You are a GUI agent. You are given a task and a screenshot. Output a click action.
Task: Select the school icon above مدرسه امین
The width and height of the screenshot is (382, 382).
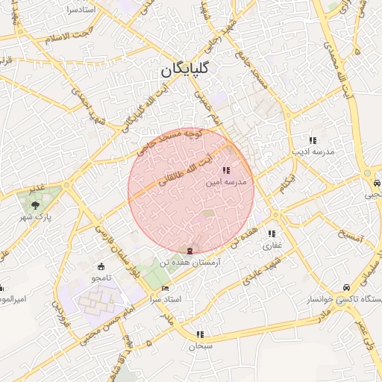[227, 171]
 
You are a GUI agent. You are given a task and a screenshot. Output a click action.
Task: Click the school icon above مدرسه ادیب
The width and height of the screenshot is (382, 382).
[313, 140]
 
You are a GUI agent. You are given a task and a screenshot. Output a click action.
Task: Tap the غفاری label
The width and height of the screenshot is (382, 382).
[272, 244]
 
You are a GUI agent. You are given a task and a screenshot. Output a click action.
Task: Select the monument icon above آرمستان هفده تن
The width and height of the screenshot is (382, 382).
[190, 250]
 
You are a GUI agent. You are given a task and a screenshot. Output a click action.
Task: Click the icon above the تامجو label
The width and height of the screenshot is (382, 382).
[101, 266]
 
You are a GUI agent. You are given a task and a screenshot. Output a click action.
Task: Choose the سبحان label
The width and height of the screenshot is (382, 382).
[200, 346]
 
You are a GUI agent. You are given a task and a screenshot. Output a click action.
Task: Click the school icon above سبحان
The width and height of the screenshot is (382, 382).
[200, 335]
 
